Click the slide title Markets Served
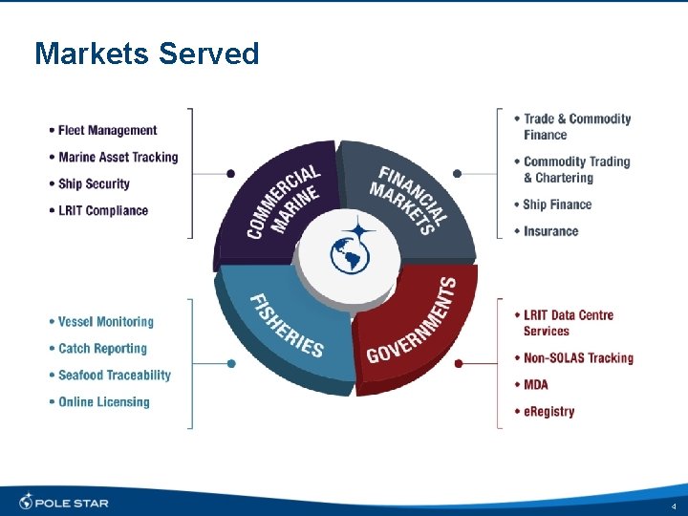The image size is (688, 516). (x=146, y=54)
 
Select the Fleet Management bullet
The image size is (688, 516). (x=107, y=130)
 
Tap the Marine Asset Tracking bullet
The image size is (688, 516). (x=118, y=157)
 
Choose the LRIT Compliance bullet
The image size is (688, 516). (x=103, y=210)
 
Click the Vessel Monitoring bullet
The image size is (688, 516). (x=105, y=322)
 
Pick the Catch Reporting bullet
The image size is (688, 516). (x=102, y=349)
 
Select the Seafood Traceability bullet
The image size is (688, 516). (x=114, y=376)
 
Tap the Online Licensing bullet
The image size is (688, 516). (x=103, y=402)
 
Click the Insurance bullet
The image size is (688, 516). (x=550, y=231)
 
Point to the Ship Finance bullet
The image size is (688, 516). (x=557, y=204)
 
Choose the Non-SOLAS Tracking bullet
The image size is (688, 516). (x=578, y=358)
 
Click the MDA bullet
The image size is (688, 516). (x=536, y=385)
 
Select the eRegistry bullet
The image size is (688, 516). (x=548, y=412)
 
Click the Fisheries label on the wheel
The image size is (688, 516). (x=287, y=325)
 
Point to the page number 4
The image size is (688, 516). (x=673, y=505)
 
